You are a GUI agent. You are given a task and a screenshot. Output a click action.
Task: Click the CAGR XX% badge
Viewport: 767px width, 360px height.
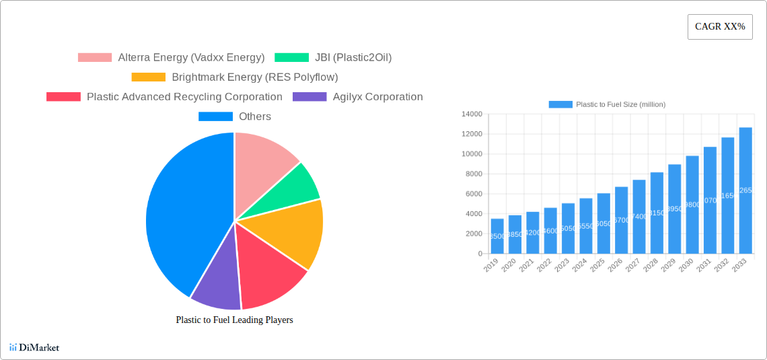pos(719,27)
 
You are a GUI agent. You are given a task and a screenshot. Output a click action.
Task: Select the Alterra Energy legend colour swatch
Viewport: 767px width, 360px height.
pos(94,58)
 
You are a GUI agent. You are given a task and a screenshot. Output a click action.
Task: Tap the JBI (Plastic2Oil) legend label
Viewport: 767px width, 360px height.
pos(353,58)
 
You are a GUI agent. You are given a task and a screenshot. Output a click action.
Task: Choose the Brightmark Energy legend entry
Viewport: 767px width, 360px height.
pos(254,77)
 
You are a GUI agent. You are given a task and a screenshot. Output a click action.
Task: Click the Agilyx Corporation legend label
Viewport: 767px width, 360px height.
pos(377,97)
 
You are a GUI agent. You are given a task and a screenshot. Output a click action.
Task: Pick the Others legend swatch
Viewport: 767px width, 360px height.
pos(215,116)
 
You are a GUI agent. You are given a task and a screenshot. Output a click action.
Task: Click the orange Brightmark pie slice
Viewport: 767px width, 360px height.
pos(296,232)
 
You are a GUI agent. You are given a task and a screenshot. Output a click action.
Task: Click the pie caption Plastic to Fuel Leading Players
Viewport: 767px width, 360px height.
pos(234,320)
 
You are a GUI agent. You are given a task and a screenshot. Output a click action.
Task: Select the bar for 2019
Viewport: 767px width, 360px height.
pos(497,236)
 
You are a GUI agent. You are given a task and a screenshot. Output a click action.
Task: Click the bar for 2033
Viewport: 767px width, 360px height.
pos(745,190)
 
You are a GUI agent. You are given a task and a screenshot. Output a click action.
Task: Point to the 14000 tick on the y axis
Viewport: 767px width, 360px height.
pos(471,114)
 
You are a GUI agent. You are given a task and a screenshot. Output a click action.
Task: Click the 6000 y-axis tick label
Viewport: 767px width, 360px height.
pos(473,194)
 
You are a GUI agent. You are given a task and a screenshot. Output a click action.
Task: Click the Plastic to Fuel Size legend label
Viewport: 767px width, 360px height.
pos(620,104)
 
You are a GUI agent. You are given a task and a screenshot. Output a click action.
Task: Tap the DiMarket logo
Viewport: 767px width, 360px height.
pos(34,347)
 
